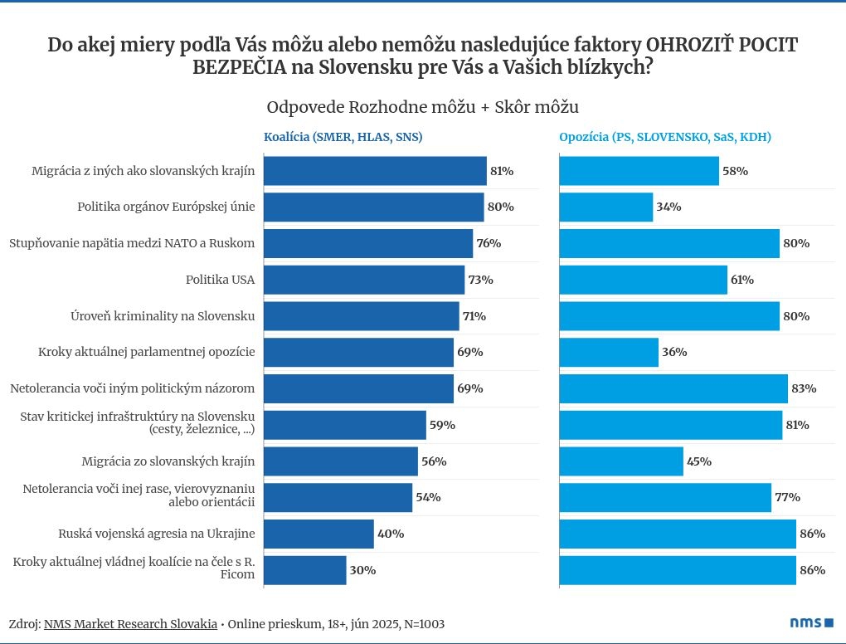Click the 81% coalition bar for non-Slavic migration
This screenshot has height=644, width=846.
point(375,171)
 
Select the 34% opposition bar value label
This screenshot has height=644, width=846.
point(668,207)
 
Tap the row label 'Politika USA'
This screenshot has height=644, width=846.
point(220,280)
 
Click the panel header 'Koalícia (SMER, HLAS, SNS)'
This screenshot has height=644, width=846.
point(343,137)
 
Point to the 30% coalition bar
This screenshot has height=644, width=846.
point(305,570)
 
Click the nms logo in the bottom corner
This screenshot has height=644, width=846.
point(810,622)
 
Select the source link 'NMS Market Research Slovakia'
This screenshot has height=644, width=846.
point(130,623)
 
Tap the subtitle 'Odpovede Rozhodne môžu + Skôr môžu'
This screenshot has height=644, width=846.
point(422,108)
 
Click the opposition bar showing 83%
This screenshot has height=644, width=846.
point(673,388)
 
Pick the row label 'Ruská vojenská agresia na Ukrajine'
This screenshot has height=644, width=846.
point(156,534)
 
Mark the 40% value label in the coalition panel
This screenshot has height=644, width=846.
point(391,534)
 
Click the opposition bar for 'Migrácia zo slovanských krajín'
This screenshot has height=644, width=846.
point(621,461)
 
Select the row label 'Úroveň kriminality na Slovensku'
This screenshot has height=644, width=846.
point(163,316)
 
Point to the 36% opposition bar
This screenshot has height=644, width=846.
point(609,352)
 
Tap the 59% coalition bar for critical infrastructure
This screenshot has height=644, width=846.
point(344,425)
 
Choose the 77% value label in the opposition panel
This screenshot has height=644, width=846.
point(786,498)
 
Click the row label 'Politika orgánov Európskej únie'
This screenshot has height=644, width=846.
point(166,207)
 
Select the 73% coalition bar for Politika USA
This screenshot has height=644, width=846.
point(364,280)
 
